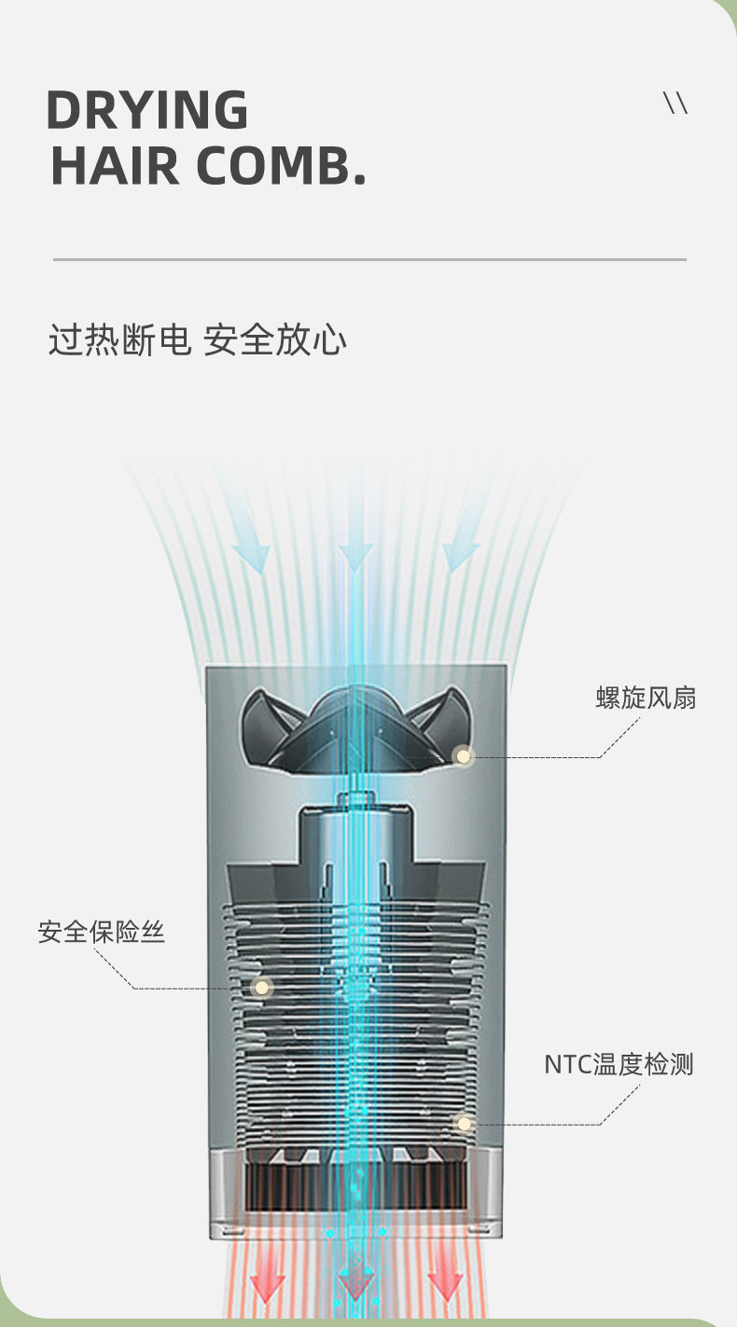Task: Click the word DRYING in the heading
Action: pos(147,110)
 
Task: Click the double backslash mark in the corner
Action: pos(675,104)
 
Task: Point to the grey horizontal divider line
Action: pos(369,259)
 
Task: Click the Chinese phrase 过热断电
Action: pos(118,340)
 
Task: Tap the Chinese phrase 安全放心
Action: pos(275,340)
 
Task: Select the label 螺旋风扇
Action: pos(646,698)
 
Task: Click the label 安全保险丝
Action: pos(101,932)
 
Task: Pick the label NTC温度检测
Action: pos(619,1064)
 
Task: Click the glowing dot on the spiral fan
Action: pos(462,756)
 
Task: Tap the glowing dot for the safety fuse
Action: pos(262,987)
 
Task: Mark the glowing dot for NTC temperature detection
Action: pos(464,1124)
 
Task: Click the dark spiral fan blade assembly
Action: pos(355,727)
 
